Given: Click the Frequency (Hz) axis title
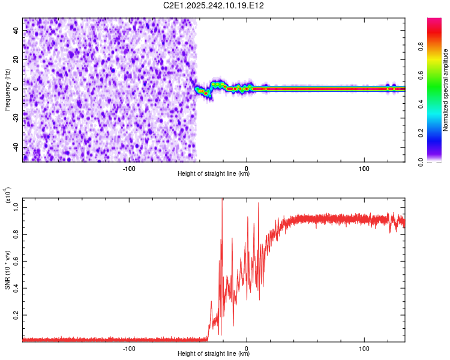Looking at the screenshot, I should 7,90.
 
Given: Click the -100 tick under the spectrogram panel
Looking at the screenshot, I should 128,167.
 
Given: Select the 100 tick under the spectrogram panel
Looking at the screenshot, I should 364,167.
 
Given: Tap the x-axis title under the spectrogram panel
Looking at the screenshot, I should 214,174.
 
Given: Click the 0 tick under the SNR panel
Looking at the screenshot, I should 247,347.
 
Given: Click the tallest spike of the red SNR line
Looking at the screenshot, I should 223,200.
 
